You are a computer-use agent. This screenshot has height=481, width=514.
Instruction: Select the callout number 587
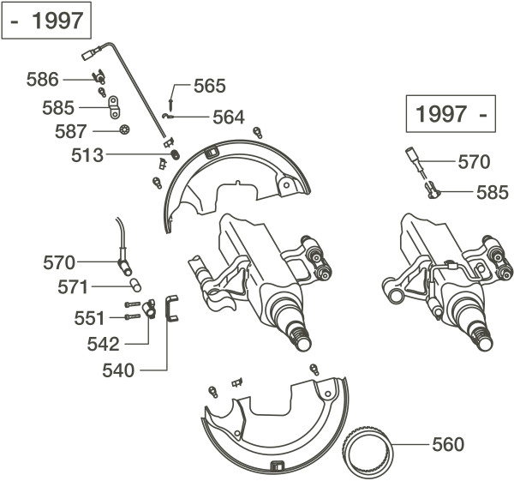click(x=69, y=131)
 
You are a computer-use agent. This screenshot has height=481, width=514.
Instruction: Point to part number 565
click(x=209, y=86)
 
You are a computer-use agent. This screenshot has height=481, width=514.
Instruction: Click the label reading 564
click(x=228, y=117)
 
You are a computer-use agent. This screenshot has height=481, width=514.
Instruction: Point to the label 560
click(x=447, y=444)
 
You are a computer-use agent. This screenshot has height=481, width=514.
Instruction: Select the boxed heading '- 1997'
click(x=48, y=21)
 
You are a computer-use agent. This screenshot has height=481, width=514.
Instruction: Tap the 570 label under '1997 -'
click(x=474, y=161)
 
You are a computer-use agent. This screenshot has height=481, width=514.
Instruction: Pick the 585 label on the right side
click(x=492, y=193)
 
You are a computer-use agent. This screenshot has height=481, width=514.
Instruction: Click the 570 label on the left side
click(x=59, y=262)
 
